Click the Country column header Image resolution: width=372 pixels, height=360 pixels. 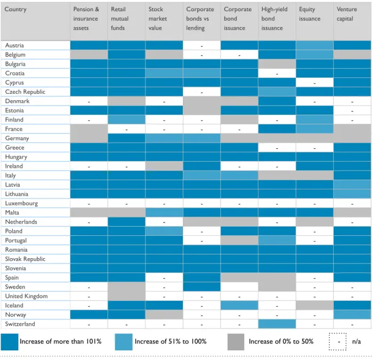(x=15, y=9)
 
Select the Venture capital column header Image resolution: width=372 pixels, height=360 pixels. (x=346, y=14)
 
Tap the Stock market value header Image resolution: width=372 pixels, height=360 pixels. (x=158, y=19)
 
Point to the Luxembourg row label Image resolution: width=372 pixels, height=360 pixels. (x=21, y=203)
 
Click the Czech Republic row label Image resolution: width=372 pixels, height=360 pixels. (x=25, y=92)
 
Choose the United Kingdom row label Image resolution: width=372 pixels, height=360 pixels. (x=26, y=296)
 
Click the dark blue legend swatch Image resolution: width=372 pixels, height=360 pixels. (x=10, y=342)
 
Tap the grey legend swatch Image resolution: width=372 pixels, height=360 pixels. (x=236, y=342)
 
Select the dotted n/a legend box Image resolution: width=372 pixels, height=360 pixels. (x=337, y=342)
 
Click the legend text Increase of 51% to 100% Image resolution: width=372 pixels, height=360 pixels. (x=171, y=341)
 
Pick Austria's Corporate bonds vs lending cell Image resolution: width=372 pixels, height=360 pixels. (x=202, y=45)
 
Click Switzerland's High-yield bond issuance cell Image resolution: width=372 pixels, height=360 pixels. (x=277, y=324)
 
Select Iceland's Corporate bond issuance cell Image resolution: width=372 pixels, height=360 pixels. (x=239, y=306)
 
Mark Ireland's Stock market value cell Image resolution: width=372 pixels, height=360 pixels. (x=164, y=166)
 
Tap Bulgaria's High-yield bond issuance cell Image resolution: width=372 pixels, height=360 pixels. (x=277, y=64)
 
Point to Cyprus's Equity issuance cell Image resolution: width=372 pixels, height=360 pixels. (x=314, y=83)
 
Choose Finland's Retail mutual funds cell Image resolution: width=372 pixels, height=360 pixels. (x=127, y=119)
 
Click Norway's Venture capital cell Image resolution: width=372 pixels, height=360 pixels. (x=352, y=315)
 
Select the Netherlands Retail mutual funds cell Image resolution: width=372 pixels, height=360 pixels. (x=127, y=222)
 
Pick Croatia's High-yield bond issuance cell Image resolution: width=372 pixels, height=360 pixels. (x=277, y=74)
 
